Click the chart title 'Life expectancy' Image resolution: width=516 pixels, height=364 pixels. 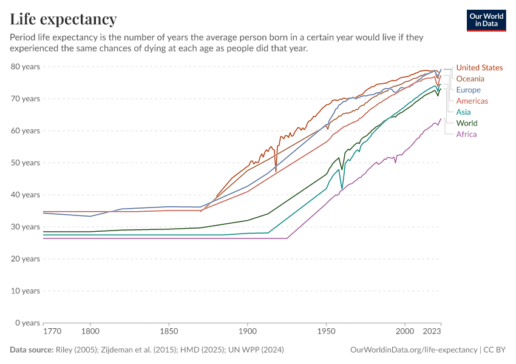point(63,19)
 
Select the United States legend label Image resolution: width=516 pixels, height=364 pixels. point(479,68)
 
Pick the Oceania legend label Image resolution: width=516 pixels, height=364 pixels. point(470,79)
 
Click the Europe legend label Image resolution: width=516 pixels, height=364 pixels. point(469,90)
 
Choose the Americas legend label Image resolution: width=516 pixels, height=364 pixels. point(472,101)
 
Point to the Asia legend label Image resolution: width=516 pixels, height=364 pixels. point(463,112)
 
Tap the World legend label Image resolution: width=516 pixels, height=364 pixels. point(467,123)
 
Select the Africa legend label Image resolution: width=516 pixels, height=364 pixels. point(466,134)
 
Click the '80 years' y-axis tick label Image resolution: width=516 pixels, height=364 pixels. point(25,67)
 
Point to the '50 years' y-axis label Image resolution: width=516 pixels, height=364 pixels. point(25,163)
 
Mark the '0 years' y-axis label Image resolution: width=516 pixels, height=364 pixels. point(27,323)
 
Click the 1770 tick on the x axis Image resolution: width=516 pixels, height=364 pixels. point(52,332)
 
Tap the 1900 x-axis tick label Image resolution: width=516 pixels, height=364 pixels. point(247,332)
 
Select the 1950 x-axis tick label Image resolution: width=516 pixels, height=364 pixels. point(326,332)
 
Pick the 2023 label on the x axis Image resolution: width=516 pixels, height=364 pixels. point(431,332)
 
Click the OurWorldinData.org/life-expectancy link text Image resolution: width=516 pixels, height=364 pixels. point(413,350)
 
